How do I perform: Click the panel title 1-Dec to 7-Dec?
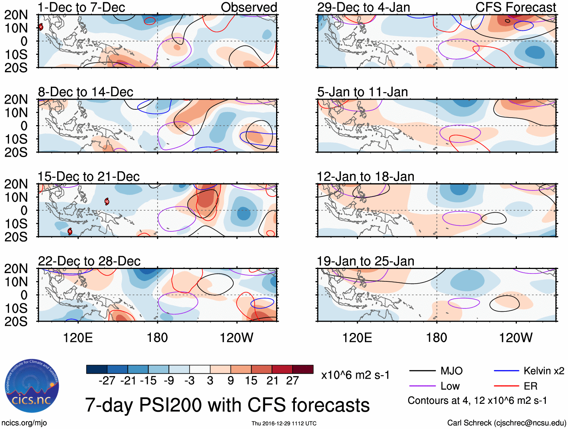point(81,7)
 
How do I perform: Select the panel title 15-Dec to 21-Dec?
point(89,177)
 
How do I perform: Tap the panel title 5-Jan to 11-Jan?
point(362,92)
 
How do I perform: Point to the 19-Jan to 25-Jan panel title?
point(365,261)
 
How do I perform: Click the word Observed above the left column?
point(249,7)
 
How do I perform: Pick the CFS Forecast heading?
point(515,7)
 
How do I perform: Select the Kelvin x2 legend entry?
point(529,371)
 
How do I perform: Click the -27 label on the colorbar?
point(107,381)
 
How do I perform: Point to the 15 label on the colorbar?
point(251,381)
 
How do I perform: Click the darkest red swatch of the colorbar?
point(303,369)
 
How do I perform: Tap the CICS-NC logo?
point(32,386)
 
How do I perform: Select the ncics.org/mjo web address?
point(24,423)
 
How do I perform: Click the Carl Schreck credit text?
point(506,423)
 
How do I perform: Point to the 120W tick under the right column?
point(515,338)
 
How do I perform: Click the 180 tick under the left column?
point(157,338)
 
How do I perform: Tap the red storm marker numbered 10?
point(107,202)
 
